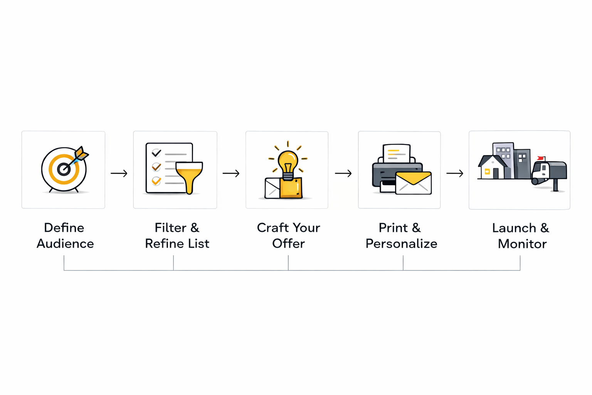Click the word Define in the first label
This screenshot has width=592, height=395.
[64, 228]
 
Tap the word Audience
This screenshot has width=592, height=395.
[65, 244]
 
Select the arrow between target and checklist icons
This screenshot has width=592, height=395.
[119, 174]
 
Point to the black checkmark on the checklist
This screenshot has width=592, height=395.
[156, 153]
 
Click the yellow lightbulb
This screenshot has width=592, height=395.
[288, 162]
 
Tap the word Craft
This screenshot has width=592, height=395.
[272, 228]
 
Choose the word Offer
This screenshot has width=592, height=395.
[288, 244]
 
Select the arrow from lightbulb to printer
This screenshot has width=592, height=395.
[343, 174]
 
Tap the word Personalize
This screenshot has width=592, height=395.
[401, 244]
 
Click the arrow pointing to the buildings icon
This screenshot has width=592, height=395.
[455, 174]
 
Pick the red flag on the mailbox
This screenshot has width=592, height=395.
[541, 158]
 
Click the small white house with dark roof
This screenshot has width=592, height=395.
[491, 168]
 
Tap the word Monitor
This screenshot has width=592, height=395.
[522, 244]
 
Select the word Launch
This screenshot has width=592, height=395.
[514, 228]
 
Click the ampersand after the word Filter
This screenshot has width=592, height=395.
[195, 228]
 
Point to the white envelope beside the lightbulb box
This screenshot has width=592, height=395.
[272, 188]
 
